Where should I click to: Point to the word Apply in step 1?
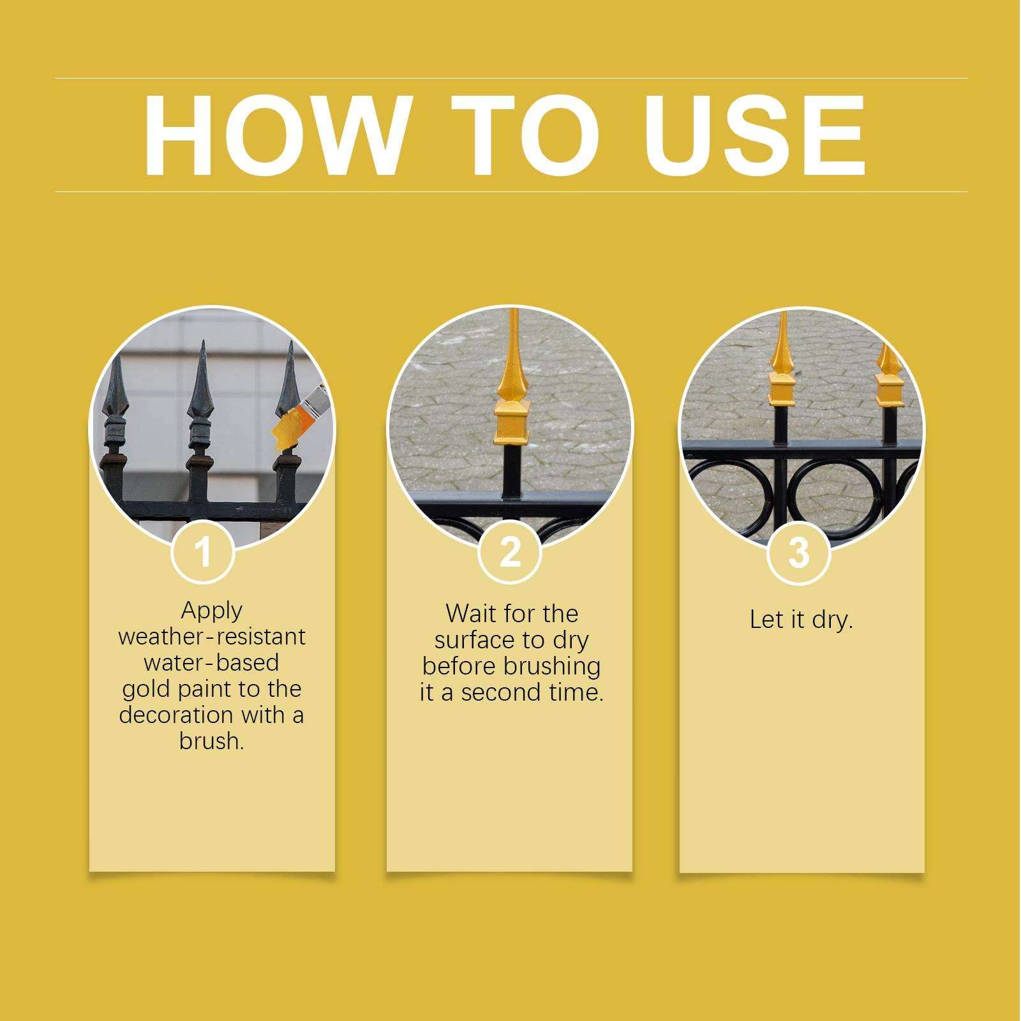pos(211,611)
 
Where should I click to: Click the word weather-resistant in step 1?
pos(212,636)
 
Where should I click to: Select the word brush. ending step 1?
pos(211,742)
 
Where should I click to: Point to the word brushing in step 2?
pos(552,667)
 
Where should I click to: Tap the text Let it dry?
pos(801,620)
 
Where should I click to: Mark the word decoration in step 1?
pos(172,715)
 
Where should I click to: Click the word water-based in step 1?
pos(211,662)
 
